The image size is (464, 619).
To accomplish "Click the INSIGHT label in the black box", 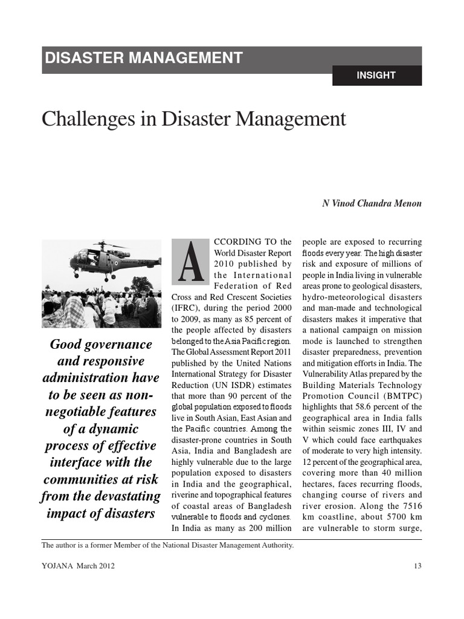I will [376, 76].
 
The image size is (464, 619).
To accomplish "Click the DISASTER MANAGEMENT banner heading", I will [144, 58].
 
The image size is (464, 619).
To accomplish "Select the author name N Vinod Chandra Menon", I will [372, 204].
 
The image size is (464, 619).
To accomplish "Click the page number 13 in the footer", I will [417, 566].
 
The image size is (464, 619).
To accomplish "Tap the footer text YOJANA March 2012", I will [78, 566].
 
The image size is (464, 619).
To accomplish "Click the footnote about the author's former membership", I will [167, 545].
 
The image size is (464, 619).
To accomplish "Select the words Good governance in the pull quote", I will [100, 345].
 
